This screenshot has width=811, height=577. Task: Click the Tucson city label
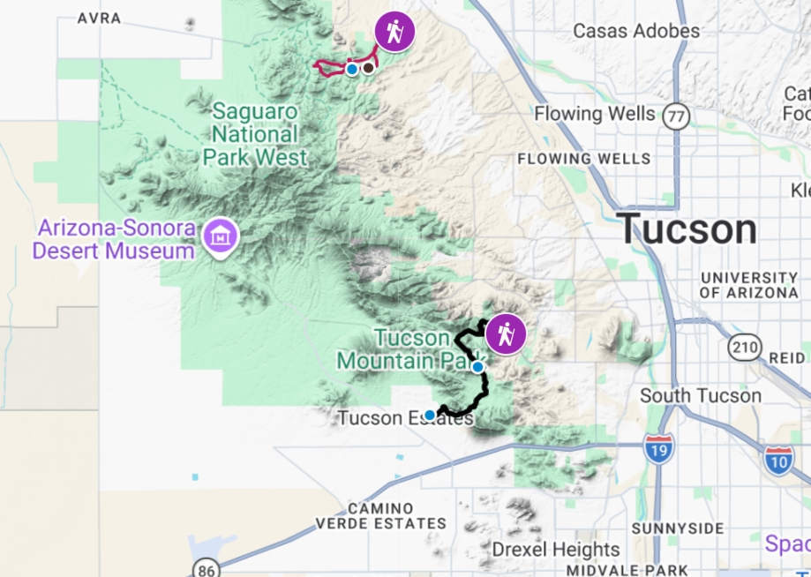[686, 230]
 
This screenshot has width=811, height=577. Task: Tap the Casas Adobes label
[635, 31]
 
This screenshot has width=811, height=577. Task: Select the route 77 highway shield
[676, 116]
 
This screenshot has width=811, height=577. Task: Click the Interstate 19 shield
[658, 448]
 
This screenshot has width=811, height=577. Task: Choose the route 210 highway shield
[745, 347]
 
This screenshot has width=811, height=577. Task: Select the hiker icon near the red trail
[394, 31]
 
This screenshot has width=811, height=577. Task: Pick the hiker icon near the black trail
[506, 334]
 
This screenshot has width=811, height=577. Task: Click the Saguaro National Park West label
[255, 135]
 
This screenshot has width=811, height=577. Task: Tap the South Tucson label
[700, 395]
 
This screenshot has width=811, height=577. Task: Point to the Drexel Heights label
[555, 549]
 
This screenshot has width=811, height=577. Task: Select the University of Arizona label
[748, 285]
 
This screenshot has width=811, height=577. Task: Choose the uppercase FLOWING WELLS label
[583, 159]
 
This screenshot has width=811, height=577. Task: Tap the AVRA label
[98, 19]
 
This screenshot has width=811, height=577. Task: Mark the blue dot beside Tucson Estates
[430, 415]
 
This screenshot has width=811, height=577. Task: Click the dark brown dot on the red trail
[368, 68]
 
